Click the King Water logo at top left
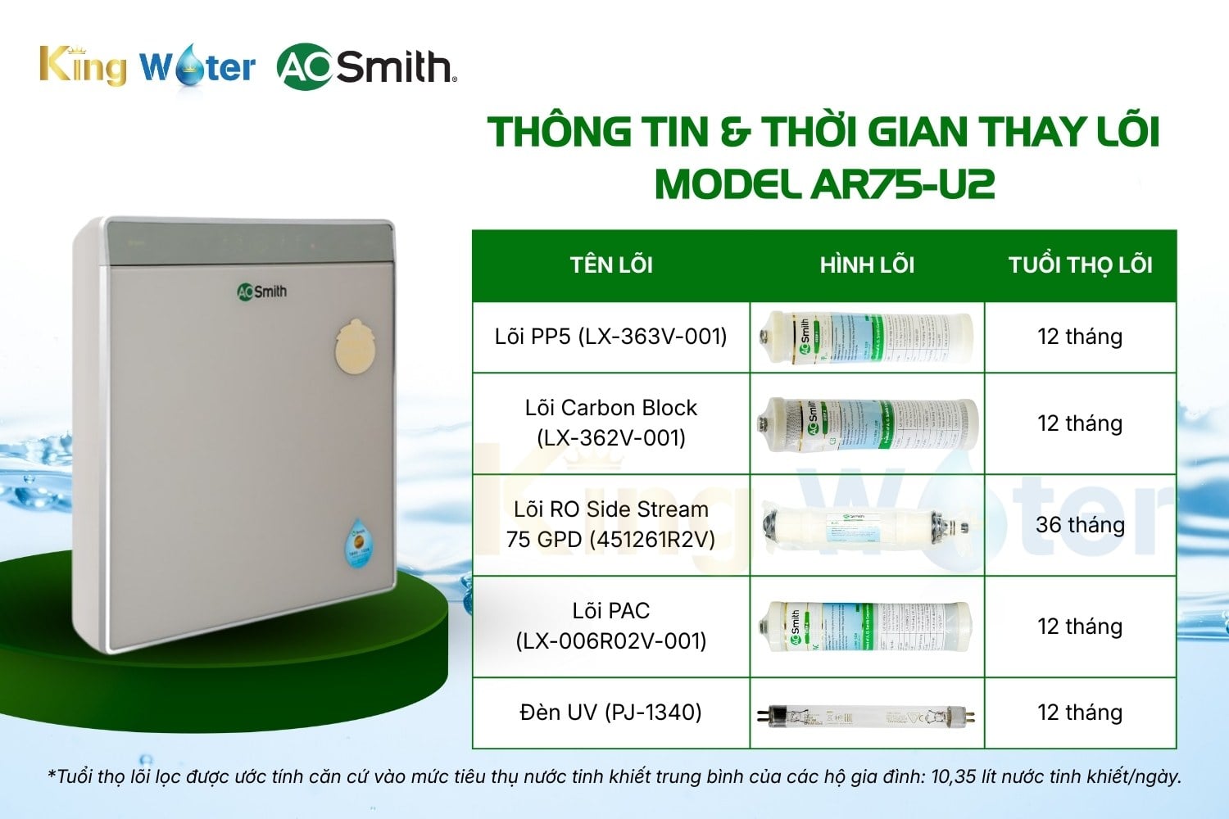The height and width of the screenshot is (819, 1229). click(147, 66)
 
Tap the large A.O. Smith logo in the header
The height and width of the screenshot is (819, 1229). click(366, 66)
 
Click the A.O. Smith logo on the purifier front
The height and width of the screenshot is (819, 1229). click(262, 292)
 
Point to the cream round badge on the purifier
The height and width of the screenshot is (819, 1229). click(359, 346)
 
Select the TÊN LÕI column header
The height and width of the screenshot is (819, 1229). click(611, 265)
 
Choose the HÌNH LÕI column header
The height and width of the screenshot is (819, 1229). click(867, 265)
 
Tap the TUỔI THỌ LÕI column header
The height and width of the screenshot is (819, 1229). click(1080, 265)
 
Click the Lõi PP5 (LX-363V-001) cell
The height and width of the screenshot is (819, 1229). click(611, 337)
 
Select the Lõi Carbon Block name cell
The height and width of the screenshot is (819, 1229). click(611, 423)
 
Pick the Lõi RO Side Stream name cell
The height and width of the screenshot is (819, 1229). click(611, 524)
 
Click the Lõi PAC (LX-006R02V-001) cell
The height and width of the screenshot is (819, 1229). click(611, 626)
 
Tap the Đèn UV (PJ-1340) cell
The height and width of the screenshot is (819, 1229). click(611, 713)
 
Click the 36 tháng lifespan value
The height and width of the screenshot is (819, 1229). click(1080, 525)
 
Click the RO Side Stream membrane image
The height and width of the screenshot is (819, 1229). click(867, 525)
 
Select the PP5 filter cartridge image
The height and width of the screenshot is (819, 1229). click(867, 337)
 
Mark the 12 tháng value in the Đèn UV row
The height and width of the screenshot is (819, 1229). click(1080, 713)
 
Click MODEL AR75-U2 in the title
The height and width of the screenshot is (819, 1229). click(824, 184)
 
